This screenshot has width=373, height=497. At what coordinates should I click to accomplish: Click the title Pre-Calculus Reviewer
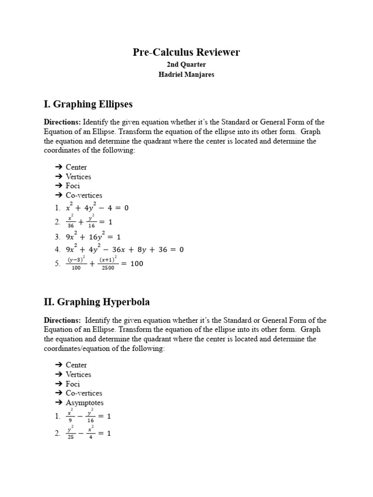(x=186, y=52)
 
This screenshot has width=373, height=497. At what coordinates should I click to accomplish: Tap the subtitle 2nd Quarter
(x=186, y=65)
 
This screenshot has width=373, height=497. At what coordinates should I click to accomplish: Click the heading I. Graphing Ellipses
(x=88, y=104)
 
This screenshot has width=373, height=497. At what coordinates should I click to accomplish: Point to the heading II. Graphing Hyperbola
(x=97, y=302)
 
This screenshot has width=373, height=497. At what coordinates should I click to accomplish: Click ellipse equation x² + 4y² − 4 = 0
(x=97, y=208)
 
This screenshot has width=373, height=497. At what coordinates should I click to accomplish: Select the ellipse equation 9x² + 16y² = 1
(x=93, y=237)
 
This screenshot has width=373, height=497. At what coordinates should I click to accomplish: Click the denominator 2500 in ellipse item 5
(x=108, y=268)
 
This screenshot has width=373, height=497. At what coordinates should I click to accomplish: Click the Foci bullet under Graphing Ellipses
(x=73, y=186)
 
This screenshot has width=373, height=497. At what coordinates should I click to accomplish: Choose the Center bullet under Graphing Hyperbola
(x=76, y=365)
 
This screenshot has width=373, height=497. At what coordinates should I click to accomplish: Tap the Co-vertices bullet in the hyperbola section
(x=84, y=393)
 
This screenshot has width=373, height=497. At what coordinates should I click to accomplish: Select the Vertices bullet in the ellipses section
(x=78, y=177)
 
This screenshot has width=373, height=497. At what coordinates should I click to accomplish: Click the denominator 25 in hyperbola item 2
(x=71, y=437)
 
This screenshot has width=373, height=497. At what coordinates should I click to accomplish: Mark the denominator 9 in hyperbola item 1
(x=71, y=420)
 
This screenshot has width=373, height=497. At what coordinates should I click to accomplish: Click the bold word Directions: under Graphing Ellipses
(x=62, y=122)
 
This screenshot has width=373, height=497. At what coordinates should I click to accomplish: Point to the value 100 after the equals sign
(x=136, y=264)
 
